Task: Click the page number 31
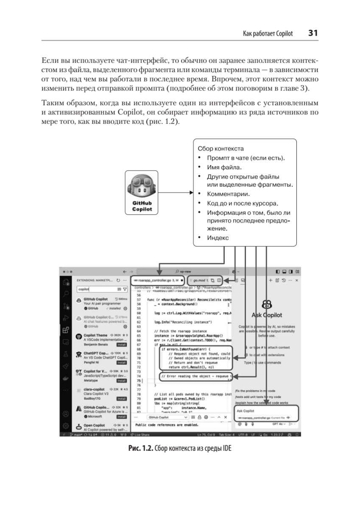313,33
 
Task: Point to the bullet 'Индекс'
218,238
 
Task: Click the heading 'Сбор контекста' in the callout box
220,149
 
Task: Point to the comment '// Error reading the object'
195,376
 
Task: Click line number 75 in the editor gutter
138,381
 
